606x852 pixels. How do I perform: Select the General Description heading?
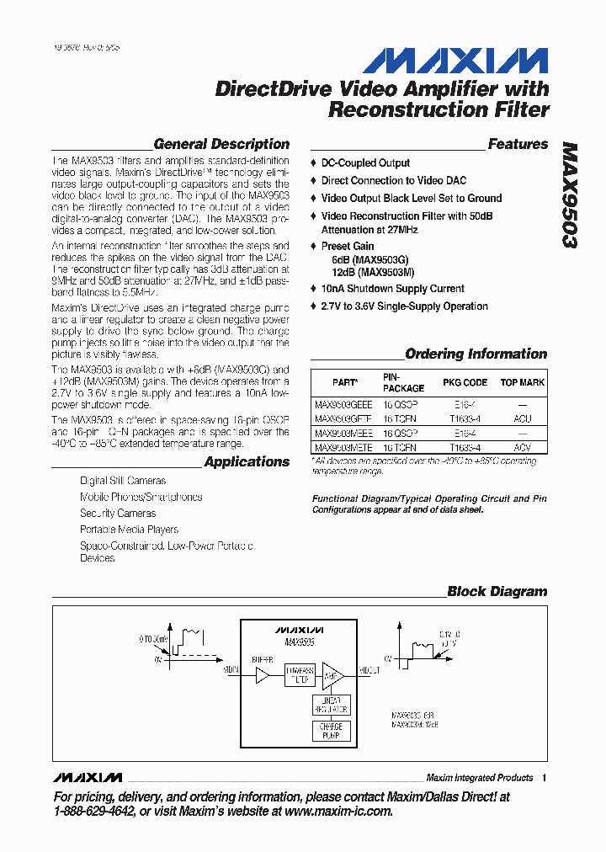[x=221, y=144]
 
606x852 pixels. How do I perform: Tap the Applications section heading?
[x=247, y=461]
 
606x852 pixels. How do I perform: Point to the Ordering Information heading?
[x=476, y=354]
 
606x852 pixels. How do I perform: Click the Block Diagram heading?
[x=497, y=592]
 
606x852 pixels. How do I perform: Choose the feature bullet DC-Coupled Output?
[x=365, y=163]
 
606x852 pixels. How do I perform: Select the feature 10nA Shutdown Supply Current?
[x=392, y=289]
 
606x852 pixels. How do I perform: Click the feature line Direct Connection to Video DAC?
[x=393, y=181]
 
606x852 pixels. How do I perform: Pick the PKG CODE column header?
[x=465, y=382]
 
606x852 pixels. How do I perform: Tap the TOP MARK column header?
[x=522, y=382]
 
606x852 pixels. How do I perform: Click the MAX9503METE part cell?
[x=343, y=448]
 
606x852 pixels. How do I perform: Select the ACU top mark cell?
[x=522, y=418]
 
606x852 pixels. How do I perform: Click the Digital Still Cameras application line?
[x=123, y=481]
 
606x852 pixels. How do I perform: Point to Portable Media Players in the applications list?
[x=129, y=530]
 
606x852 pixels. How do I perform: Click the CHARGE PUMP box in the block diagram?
[x=331, y=731]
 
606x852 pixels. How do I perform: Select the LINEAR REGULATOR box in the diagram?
[x=331, y=705]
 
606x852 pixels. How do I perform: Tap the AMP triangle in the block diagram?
[x=332, y=675]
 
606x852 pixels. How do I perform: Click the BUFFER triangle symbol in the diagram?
[x=263, y=675]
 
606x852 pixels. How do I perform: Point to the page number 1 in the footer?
[x=545, y=778]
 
